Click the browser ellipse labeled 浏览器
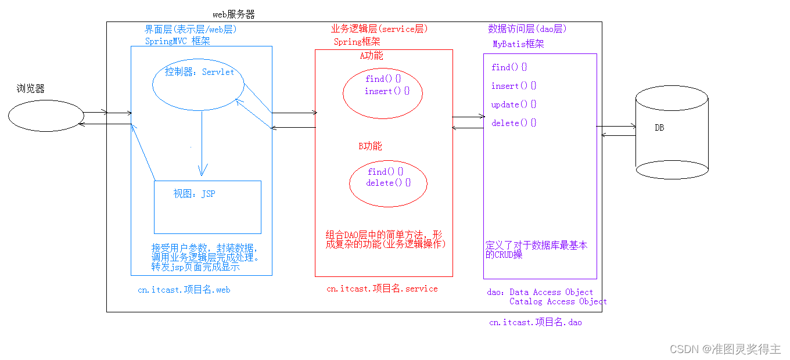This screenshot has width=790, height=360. [46, 116]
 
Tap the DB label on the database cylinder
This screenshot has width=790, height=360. [659, 128]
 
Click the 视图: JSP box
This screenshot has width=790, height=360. [207, 207]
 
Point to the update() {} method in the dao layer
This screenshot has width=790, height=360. [513, 105]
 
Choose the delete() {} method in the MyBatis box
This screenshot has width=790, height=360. [513, 123]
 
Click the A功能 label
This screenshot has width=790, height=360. [372, 56]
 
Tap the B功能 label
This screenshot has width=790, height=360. [370, 146]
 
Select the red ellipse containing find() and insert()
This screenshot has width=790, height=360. [382, 93]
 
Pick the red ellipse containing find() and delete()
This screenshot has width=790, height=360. [388, 183]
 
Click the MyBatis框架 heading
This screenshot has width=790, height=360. [518, 44]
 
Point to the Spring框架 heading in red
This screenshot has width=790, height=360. [357, 42]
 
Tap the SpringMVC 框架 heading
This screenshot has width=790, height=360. [178, 41]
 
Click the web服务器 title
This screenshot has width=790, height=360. [234, 15]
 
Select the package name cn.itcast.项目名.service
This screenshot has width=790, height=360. [382, 289]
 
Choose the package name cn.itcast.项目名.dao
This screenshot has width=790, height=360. [535, 322]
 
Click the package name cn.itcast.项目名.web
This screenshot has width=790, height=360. [184, 290]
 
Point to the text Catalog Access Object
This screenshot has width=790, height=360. [558, 301]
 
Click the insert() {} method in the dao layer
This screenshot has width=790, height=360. [513, 86]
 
